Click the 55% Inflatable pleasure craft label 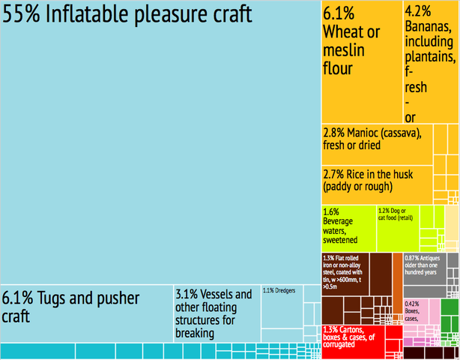point(127,16)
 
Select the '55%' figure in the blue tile point(22,16)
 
